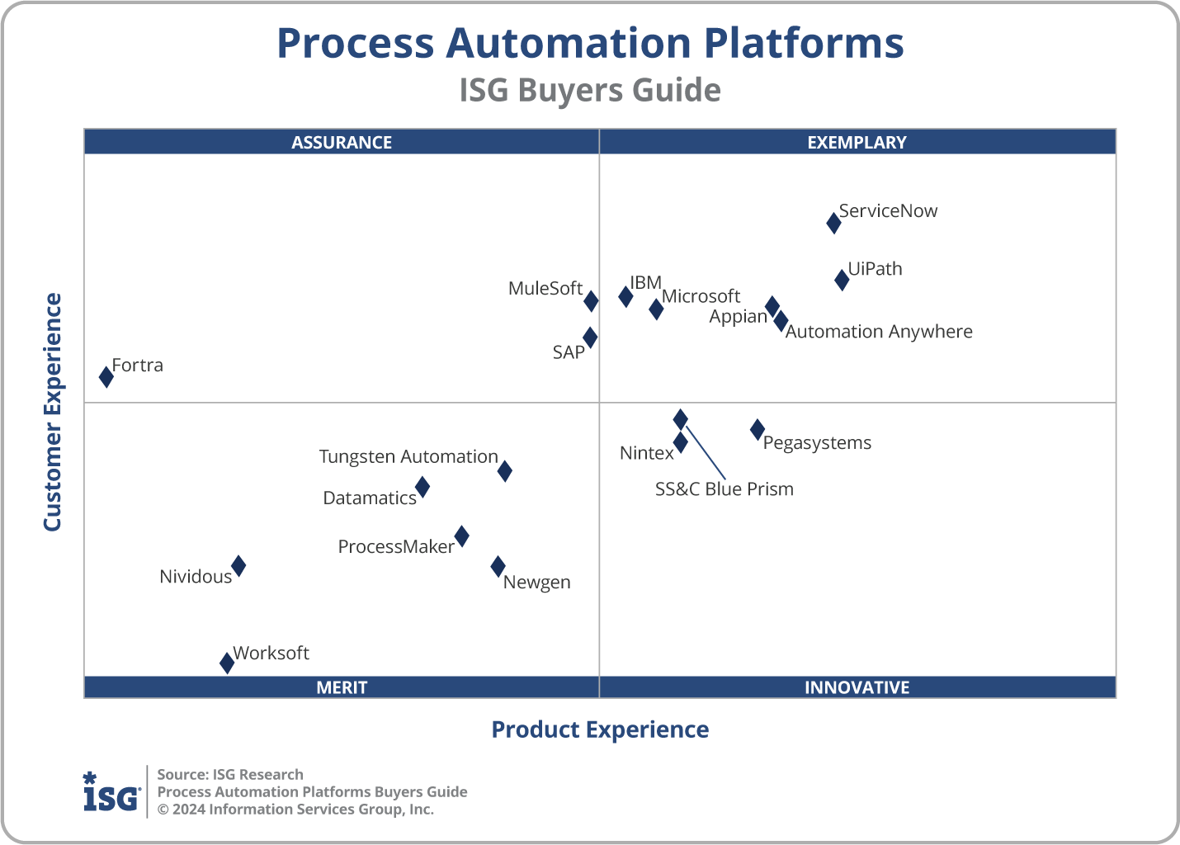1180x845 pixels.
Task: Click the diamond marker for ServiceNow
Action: tap(833, 223)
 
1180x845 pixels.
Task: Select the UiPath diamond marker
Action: tap(842, 280)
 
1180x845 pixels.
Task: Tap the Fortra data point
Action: tap(106, 377)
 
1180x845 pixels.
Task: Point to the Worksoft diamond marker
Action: tap(227, 663)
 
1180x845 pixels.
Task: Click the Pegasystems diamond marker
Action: tap(758, 429)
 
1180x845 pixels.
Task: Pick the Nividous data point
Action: tap(238, 566)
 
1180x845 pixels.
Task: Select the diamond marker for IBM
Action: tap(625, 296)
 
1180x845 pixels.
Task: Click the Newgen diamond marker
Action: tap(498, 566)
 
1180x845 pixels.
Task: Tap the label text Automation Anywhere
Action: tap(879, 332)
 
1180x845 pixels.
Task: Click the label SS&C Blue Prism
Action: tap(724, 489)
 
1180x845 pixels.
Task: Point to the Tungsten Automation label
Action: tap(408, 457)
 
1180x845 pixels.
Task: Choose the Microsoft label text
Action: tap(701, 296)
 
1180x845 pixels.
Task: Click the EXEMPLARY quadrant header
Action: tap(857, 142)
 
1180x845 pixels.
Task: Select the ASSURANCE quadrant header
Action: tap(342, 142)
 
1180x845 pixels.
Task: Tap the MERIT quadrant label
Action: tap(342, 687)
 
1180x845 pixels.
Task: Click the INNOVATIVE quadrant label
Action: tap(857, 687)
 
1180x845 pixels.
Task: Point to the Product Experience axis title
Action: tap(600, 729)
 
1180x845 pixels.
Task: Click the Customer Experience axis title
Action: tap(53, 413)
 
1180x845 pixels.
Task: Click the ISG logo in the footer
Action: tap(111, 792)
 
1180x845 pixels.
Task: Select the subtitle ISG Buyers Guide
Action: tap(590, 90)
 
